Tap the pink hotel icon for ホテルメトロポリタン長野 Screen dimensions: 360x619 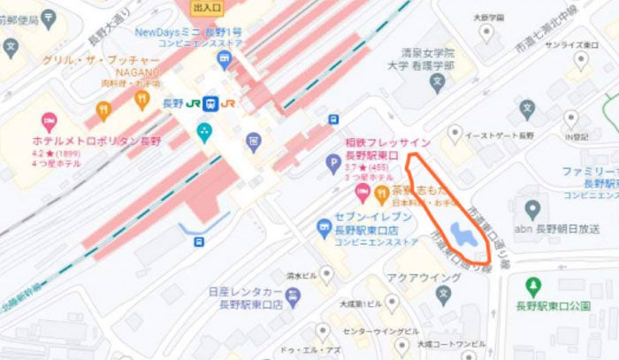point(50,120)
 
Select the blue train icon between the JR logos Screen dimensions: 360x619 point(210,103)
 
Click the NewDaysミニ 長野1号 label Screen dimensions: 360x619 point(189,33)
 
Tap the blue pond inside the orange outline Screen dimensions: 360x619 point(461,234)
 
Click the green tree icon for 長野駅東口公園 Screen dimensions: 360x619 point(532,287)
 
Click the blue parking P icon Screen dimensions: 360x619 point(333,163)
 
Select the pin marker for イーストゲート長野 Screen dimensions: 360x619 point(455,133)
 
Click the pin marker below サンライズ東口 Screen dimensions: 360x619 point(580,59)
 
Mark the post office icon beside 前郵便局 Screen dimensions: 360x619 point(10,45)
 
